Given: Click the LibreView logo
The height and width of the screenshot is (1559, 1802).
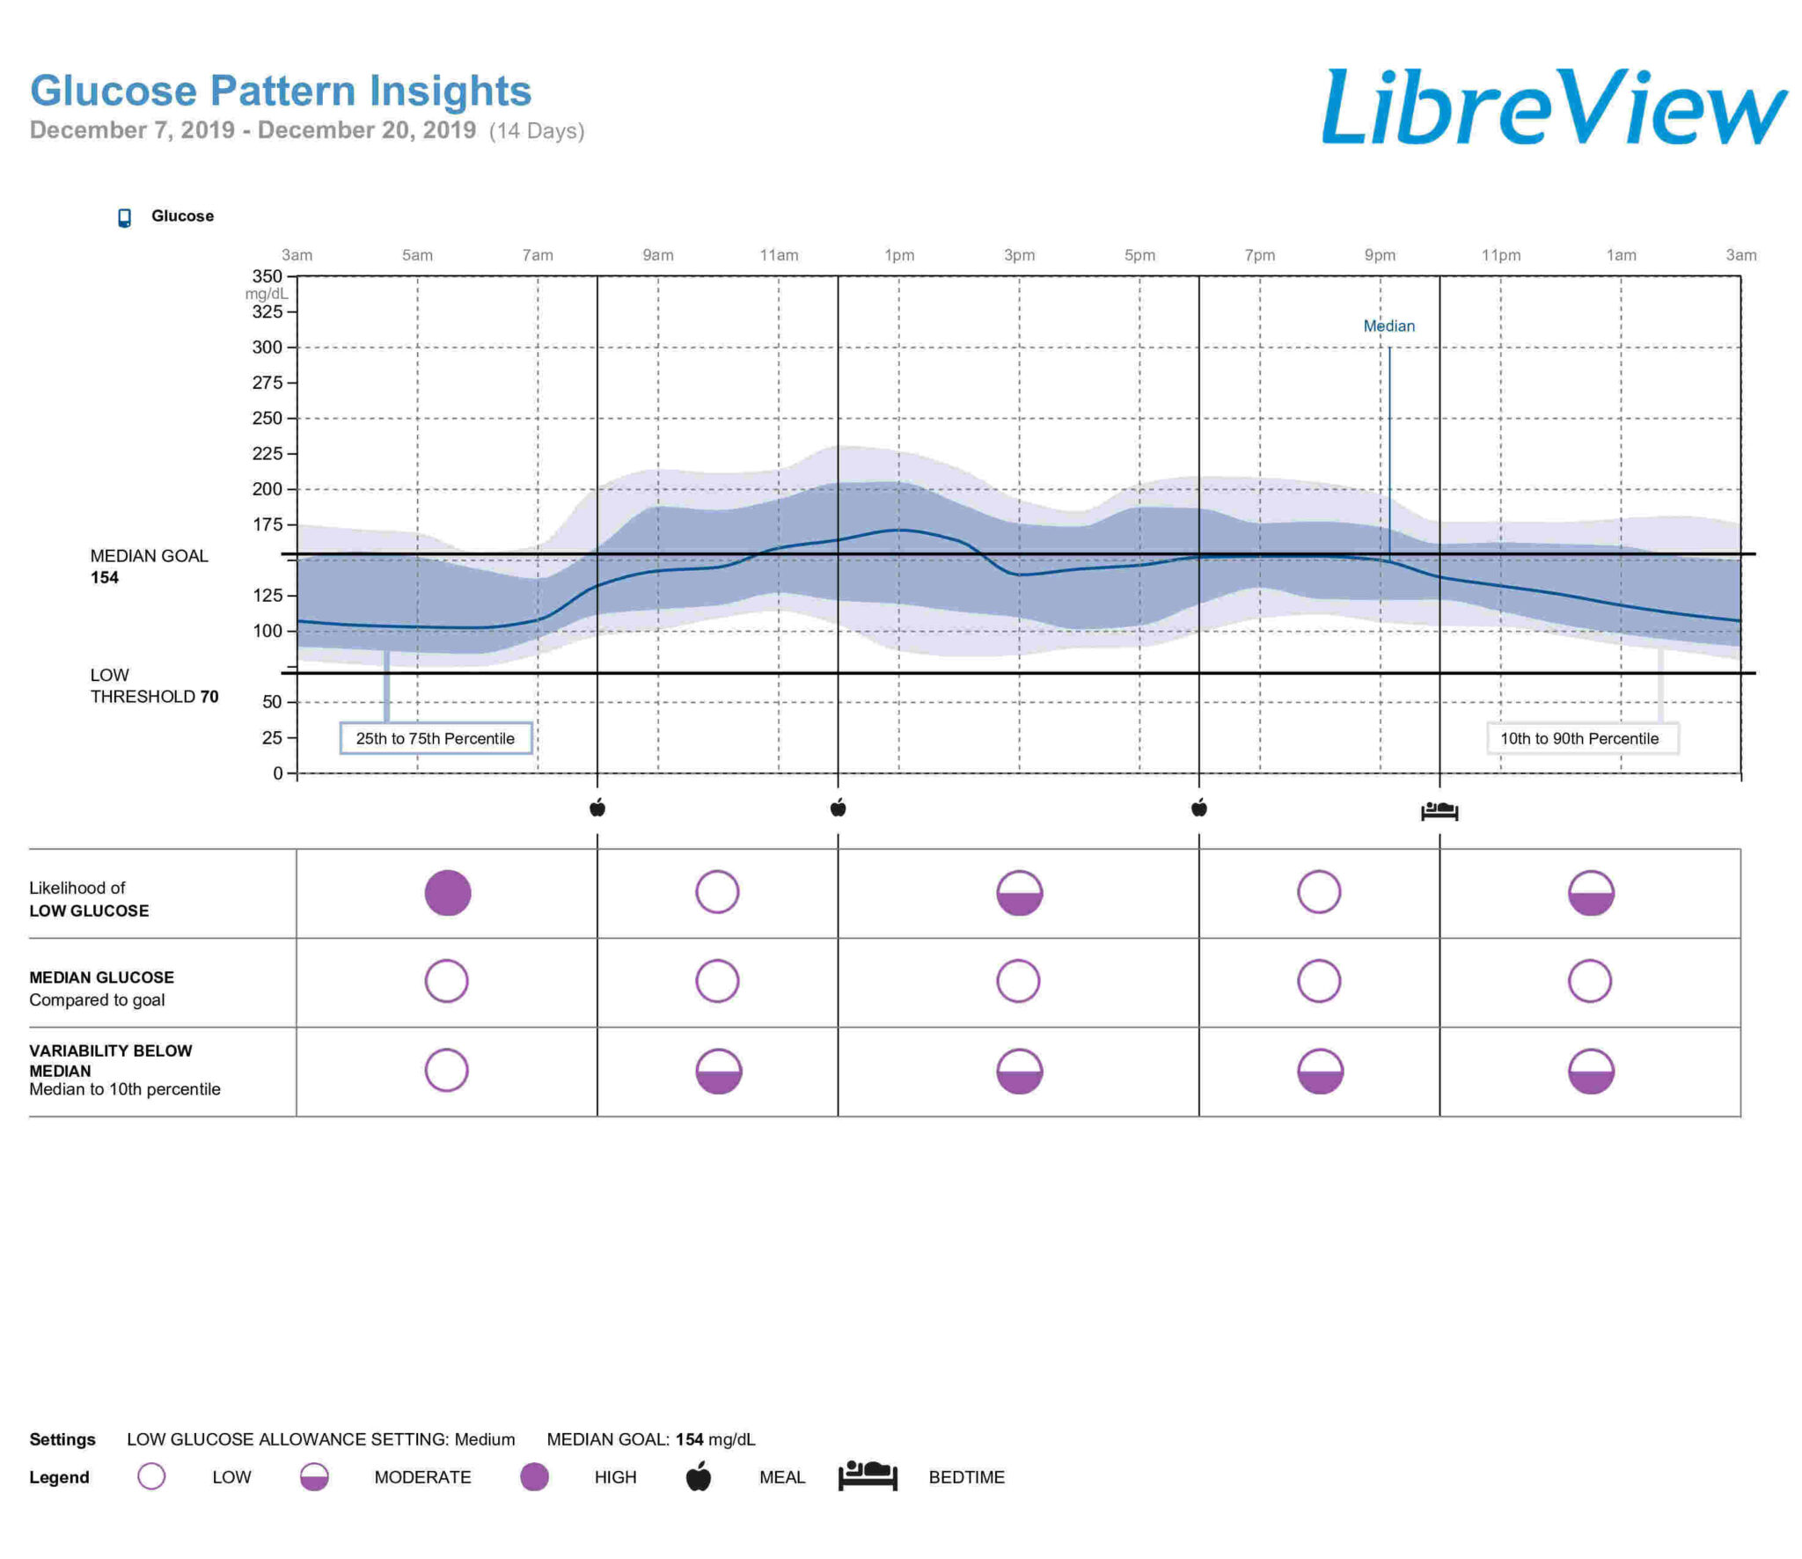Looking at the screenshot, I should coord(1553,107).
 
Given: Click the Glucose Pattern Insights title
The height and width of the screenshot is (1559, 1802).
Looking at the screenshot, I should coord(281,91).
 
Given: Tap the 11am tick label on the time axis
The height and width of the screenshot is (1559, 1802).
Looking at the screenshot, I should coord(779,255).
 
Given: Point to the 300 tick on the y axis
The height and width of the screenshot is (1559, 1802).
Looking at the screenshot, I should coord(267,348).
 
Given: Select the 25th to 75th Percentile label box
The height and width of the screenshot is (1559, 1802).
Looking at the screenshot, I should coord(436,738).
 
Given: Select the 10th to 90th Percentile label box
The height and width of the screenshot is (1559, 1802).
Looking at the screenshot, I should coord(1580,738).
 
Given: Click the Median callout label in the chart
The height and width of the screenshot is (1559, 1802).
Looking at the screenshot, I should coord(1388,326).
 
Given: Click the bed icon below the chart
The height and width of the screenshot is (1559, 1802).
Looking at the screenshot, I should coord(1439,810).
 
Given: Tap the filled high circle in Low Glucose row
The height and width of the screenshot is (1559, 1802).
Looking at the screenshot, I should coord(448,893).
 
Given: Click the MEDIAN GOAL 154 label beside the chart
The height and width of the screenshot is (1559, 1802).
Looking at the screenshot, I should coord(149,567).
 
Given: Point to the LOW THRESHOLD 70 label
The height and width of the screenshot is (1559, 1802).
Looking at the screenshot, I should coord(154,686).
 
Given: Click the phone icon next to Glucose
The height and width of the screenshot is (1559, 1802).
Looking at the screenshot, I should coord(125,217).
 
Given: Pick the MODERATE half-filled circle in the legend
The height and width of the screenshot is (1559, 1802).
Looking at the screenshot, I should coord(314,1477).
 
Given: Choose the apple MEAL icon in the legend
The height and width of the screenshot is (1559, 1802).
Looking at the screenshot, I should coord(699,1477).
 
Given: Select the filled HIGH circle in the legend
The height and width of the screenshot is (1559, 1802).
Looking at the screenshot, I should coord(534,1477).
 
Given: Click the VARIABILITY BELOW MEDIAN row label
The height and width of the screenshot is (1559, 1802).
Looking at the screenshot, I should coord(111,1060).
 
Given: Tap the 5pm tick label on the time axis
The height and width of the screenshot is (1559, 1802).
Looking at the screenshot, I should coord(1139,255).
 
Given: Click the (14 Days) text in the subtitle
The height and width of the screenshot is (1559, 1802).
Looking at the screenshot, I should coord(537,131).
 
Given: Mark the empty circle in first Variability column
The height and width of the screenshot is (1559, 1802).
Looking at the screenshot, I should coord(447,1071).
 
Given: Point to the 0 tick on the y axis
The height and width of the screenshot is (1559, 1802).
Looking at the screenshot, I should coord(278,773).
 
